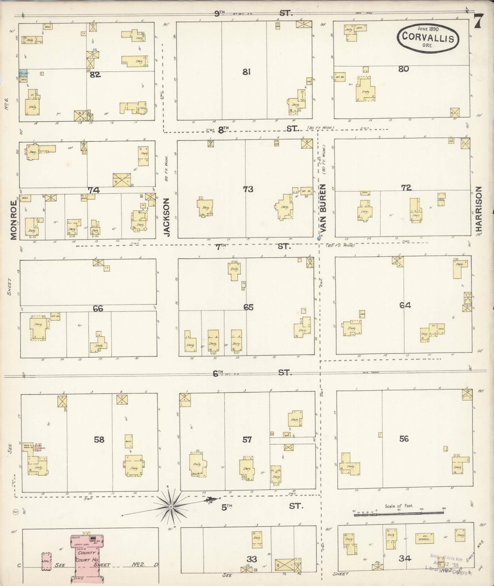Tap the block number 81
tap(247, 72)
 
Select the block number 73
tap(248, 189)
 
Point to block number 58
tap(99, 440)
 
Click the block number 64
tap(405, 305)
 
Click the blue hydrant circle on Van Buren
tap(319, 238)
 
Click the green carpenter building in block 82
tap(23, 73)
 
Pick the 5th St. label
tap(227, 508)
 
